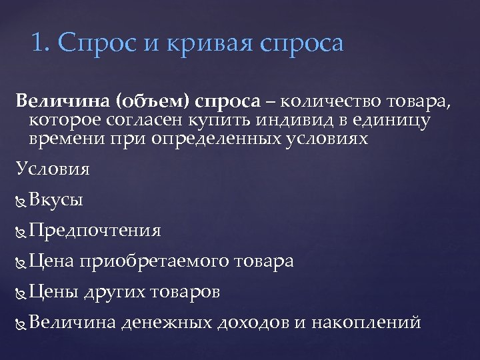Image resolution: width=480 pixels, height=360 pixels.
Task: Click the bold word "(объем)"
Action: (x=154, y=102)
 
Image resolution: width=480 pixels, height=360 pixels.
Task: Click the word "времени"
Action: (x=59, y=139)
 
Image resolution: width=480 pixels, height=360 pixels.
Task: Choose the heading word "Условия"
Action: (x=53, y=169)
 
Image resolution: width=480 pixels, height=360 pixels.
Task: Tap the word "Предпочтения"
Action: (x=95, y=231)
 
